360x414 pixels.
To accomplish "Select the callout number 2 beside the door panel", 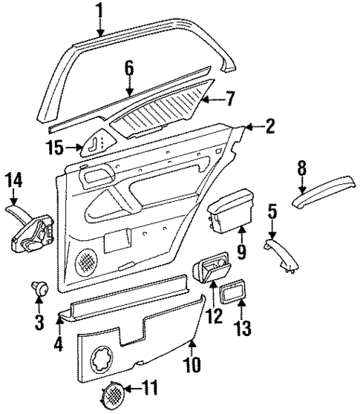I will (269, 126).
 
